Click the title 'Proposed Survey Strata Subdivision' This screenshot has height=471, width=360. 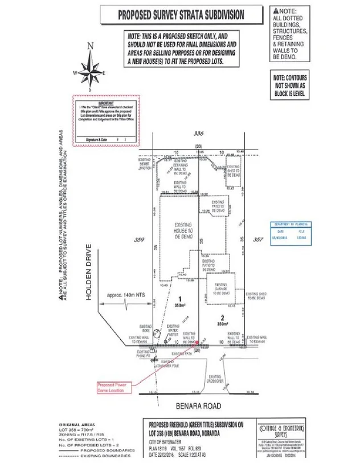[x=181, y=15]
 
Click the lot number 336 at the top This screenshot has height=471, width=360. [x=199, y=133]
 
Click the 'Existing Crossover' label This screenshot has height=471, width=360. [x=215, y=379]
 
